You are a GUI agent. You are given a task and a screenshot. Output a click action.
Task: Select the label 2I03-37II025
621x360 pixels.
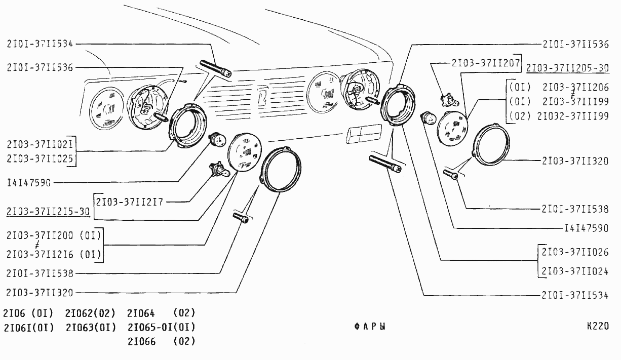tap(40, 159)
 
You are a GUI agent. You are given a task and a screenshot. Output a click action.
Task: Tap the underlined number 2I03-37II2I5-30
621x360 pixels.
tap(48, 211)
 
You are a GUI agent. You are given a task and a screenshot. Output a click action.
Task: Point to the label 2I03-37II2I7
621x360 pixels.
tap(130, 201)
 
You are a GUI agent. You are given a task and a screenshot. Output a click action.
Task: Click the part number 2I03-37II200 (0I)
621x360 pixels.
tap(54, 235)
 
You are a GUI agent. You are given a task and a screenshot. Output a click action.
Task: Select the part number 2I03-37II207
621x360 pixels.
tap(485, 63)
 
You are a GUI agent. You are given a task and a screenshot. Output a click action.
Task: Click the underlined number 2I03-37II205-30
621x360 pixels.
tap(567, 68)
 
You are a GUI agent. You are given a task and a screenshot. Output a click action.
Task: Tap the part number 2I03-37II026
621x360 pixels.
tap(575, 252)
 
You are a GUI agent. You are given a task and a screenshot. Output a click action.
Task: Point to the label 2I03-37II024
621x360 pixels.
tap(575, 271)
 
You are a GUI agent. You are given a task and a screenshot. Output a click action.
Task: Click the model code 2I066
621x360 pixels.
tap(141, 341)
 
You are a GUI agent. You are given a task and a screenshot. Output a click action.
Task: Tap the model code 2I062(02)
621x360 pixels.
tap(91, 313)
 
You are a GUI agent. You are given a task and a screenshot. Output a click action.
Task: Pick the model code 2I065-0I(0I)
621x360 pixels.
tap(161, 327)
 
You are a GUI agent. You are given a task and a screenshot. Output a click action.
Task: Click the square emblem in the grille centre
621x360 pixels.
tap(261, 95)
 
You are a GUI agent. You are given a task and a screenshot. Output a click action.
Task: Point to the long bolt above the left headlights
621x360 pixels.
tap(215, 68)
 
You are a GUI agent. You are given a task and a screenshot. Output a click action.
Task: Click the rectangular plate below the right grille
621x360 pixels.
tap(364, 134)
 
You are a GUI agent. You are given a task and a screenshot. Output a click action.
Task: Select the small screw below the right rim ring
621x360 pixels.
tap(451, 175)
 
